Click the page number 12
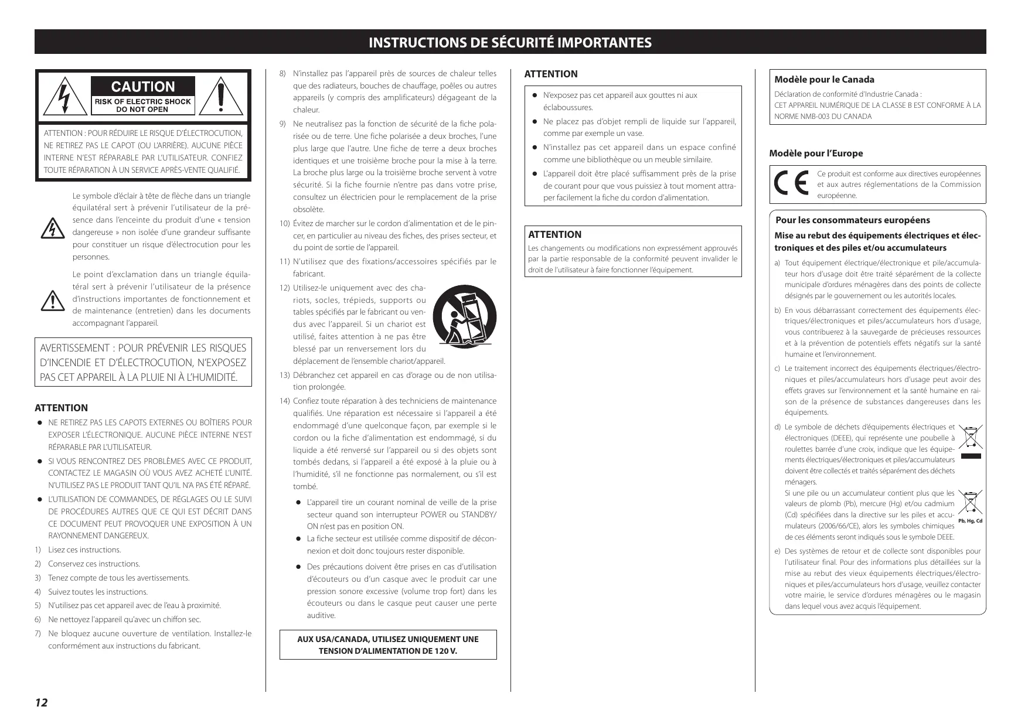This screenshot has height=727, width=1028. click(41, 703)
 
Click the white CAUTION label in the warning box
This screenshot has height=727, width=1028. click(142, 87)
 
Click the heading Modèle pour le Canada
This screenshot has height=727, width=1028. click(824, 80)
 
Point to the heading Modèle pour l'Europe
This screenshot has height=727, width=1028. click(816, 153)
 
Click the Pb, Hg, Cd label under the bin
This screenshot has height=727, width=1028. click(970, 521)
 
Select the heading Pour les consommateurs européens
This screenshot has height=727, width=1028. click(853, 220)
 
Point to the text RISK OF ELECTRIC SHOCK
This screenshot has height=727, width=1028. click(142, 101)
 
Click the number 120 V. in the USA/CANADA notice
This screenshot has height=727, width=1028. click(444, 651)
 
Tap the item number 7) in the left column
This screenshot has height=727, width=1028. click(38, 634)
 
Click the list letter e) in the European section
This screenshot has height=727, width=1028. click(778, 551)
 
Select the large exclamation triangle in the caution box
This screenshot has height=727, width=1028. click(221, 95)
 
